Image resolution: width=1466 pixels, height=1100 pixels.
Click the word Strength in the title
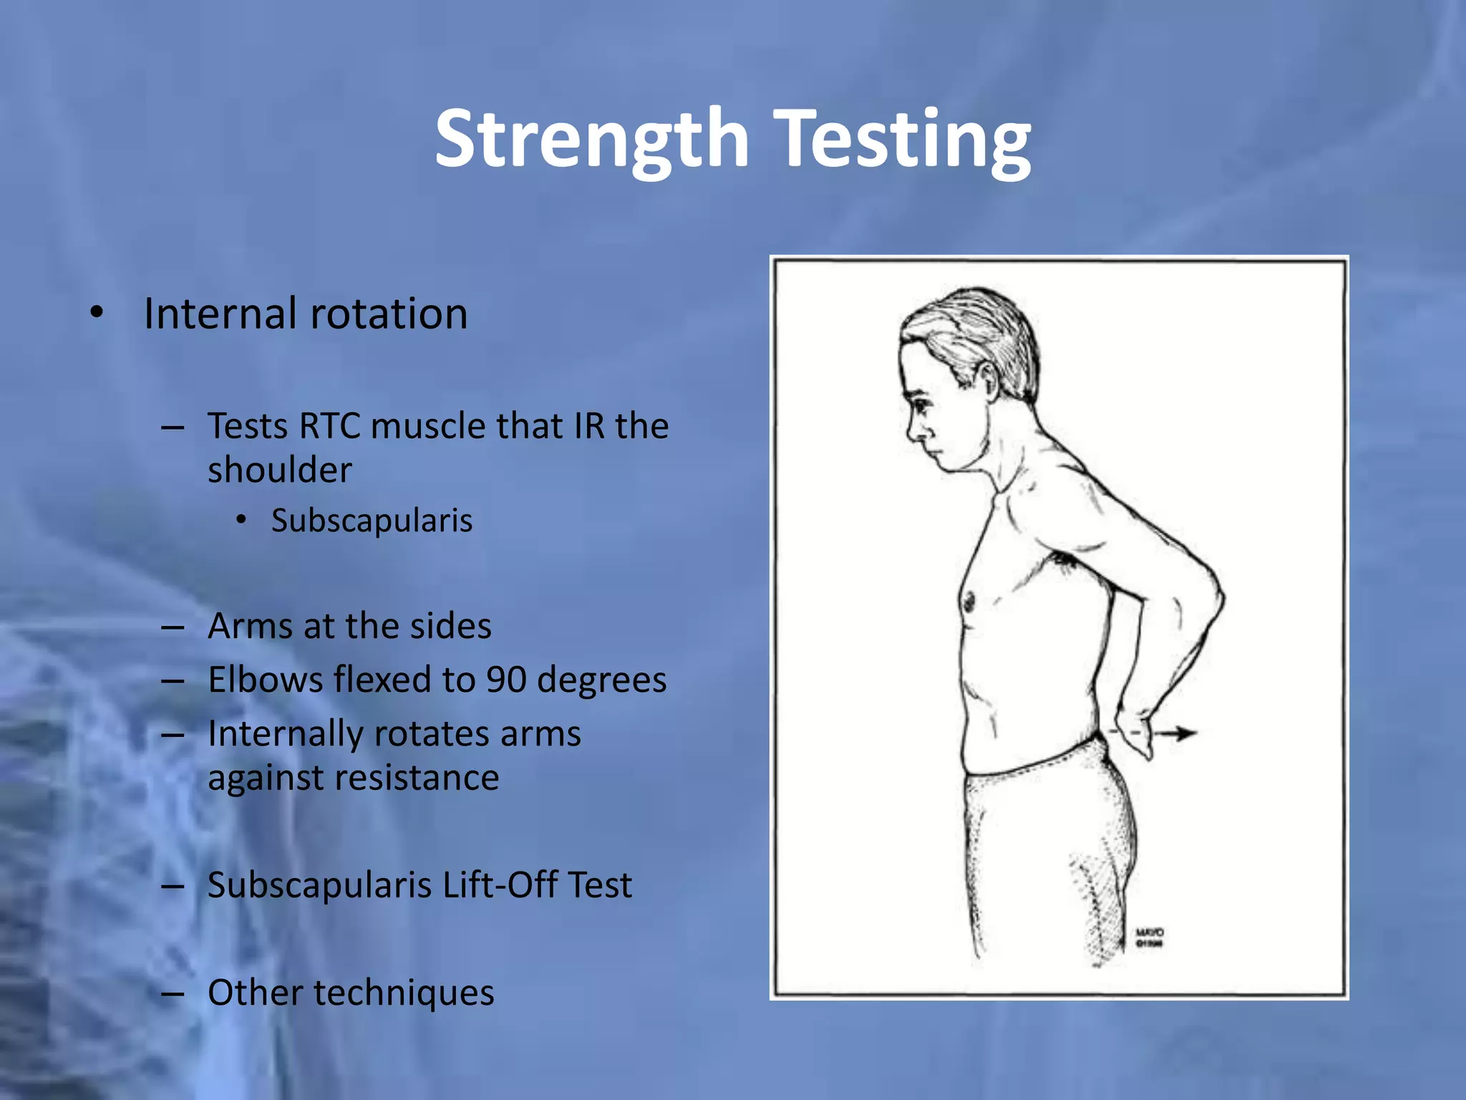[x=592, y=140]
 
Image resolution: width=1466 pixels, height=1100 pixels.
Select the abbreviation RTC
[x=330, y=426]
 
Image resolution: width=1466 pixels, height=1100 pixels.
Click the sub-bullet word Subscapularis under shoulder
[x=372, y=521]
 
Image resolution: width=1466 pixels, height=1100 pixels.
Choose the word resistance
[x=353, y=778]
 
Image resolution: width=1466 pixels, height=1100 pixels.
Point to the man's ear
[x=986, y=380]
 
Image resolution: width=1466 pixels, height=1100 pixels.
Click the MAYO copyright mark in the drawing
[x=1150, y=937]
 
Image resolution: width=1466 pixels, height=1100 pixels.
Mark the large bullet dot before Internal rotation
[x=97, y=313]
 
